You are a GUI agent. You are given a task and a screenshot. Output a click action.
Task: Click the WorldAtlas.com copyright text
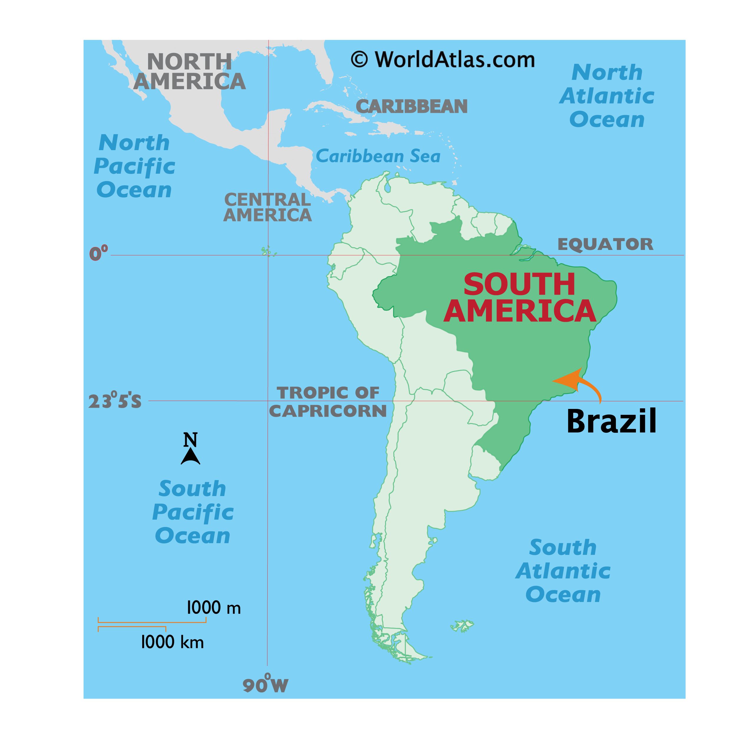click(x=443, y=60)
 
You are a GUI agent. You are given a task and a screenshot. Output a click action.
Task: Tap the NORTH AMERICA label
click(x=189, y=72)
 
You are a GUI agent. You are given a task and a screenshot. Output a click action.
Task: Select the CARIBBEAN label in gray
click(x=412, y=106)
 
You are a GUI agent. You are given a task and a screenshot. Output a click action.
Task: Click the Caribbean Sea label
click(x=378, y=156)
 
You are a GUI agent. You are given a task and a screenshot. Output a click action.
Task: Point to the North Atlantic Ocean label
click(x=607, y=96)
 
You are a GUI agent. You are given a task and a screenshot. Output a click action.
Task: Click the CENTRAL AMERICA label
click(x=267, y=207)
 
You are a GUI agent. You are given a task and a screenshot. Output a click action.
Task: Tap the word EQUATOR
click(x=605, y=244)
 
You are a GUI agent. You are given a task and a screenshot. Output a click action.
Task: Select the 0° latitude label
click(x=98, y=253)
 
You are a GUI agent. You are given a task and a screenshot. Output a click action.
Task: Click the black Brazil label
click(x=611, y=421)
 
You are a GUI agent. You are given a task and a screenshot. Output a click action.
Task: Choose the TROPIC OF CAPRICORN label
click(x=328, y=402)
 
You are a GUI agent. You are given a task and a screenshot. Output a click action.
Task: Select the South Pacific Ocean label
click(x=193, y=512)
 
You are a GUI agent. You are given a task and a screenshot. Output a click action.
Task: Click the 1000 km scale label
click(x=172, y=642)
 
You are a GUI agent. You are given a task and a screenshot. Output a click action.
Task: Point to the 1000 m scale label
click(x=213, y=608)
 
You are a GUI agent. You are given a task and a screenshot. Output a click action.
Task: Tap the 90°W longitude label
click(x=265, y=684)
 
